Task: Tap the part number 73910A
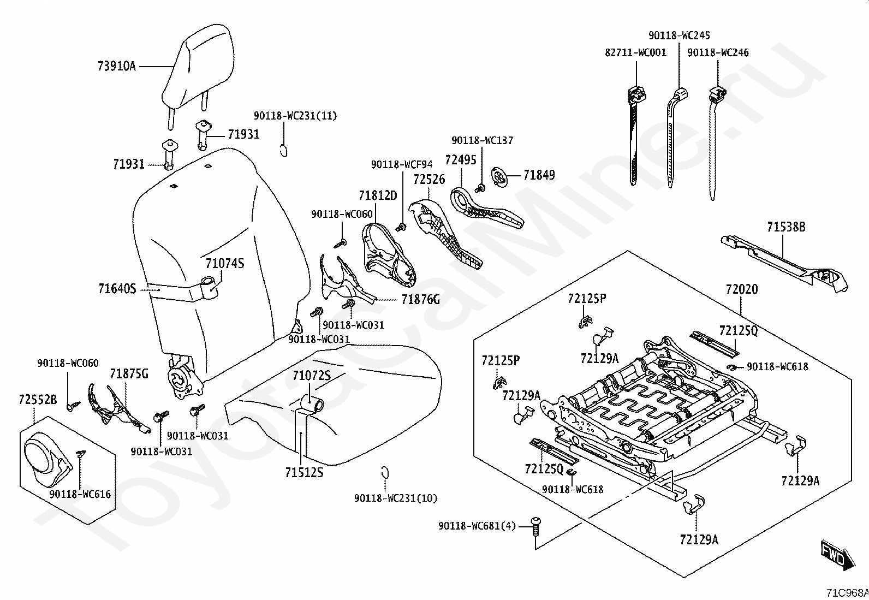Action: tap(116, 67)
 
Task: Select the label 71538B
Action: tap(786, 227)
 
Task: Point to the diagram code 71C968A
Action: tap(847, 592)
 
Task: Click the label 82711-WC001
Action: tap(636, 53)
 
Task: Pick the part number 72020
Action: tap(741, 289)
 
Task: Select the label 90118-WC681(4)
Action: tap(477, 526)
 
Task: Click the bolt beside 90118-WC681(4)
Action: tap(536, 525)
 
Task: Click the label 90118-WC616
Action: tap(80, 494)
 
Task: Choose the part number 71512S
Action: tap(303, 472)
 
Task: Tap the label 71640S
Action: tap(117, 288)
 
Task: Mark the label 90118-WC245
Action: tap(679, 35)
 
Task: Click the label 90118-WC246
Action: tap(718, 53)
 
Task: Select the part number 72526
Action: tap(429, 179)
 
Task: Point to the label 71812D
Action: tap(378, 195)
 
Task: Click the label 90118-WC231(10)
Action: tap(396, 498)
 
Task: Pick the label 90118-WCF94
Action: tap(402, 164)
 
